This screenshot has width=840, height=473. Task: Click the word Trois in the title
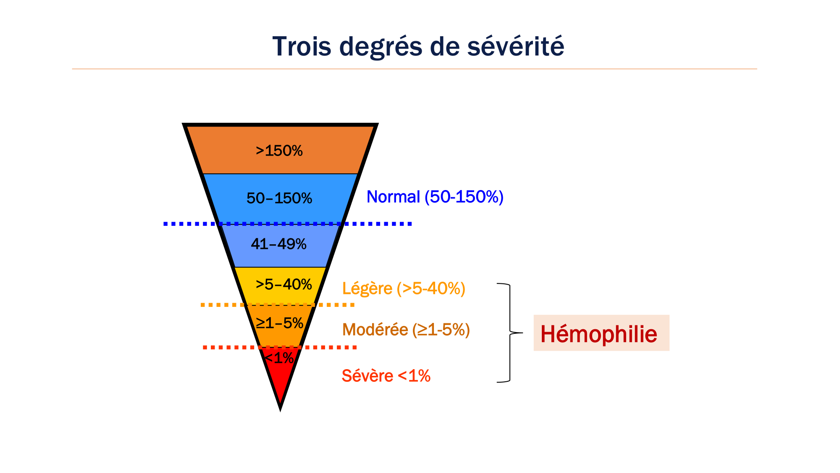tap(302, 46)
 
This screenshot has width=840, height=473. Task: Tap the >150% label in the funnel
tap(279, 151)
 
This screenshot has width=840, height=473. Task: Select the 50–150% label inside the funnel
tap(279, 198)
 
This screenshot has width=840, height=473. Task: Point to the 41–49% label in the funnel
tap(279, 244)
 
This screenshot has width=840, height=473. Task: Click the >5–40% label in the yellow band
tap(284, 285)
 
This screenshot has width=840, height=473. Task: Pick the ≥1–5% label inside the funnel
tap(280, 323)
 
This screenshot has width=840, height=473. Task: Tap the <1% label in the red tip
tap(279, 358)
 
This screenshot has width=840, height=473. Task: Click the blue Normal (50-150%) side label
tap(435, 197)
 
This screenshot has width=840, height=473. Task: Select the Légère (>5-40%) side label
tap(404, 288)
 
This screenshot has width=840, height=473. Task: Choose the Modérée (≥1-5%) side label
tap(406, 330)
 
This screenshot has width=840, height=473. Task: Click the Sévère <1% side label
tap(386, 376)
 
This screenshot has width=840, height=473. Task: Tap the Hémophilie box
tap(601, 333)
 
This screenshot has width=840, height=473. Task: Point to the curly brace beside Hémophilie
tap(510, 333)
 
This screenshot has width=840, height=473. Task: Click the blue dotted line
tap(288, 224)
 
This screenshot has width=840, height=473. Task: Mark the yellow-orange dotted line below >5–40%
tap(278, 305)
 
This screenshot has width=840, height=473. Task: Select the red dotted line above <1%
tap(280, 347)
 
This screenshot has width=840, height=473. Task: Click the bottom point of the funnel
tap(280, 410)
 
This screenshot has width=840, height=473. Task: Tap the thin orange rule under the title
tap(415, 69)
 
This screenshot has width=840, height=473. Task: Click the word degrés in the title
tap(381, 46)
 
